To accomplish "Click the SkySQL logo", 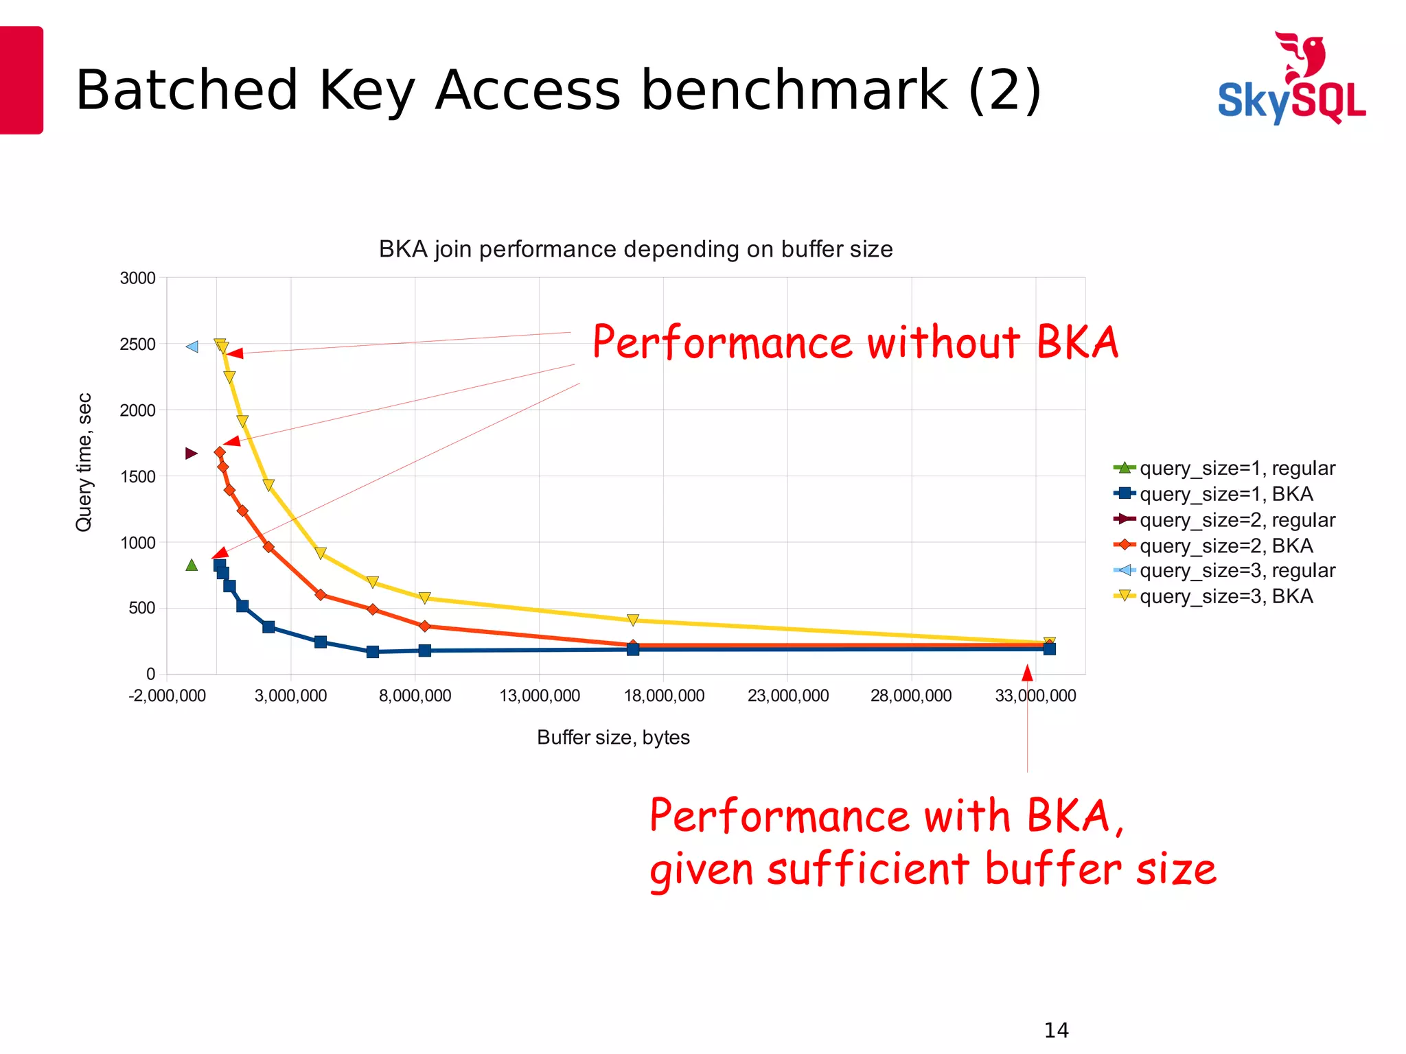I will pyautogui.click(x=1291, y=79).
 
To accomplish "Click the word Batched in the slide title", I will pyautogui.click(x=186, y=91).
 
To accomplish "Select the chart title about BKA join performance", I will pyautogui.click(x=635, y=249).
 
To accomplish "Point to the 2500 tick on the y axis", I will pyautogui.click(x=137, y=344).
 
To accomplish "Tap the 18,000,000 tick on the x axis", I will pyautogui.click(x=663, y=696).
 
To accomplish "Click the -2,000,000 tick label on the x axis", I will pyautogui.click(x=167, y=696).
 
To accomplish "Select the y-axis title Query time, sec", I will pyautogui.click(x=84, y=462).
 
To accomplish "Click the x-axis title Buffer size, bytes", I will pyautogui.click(x=613, y=738).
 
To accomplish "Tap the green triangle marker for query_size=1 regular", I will pyautogui.click(x=192, y=565).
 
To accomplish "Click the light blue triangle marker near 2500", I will pyautogui.click(x=192, y=347).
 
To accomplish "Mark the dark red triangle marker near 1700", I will pyautogui.click(x=192, y=454).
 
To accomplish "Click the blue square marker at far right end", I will pyautogui.click(x=1049, y=648).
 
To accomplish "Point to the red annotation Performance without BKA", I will pyautogui.click(x=855, y=342).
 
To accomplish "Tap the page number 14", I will pyautogui.click(x=1056, y=1030).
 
